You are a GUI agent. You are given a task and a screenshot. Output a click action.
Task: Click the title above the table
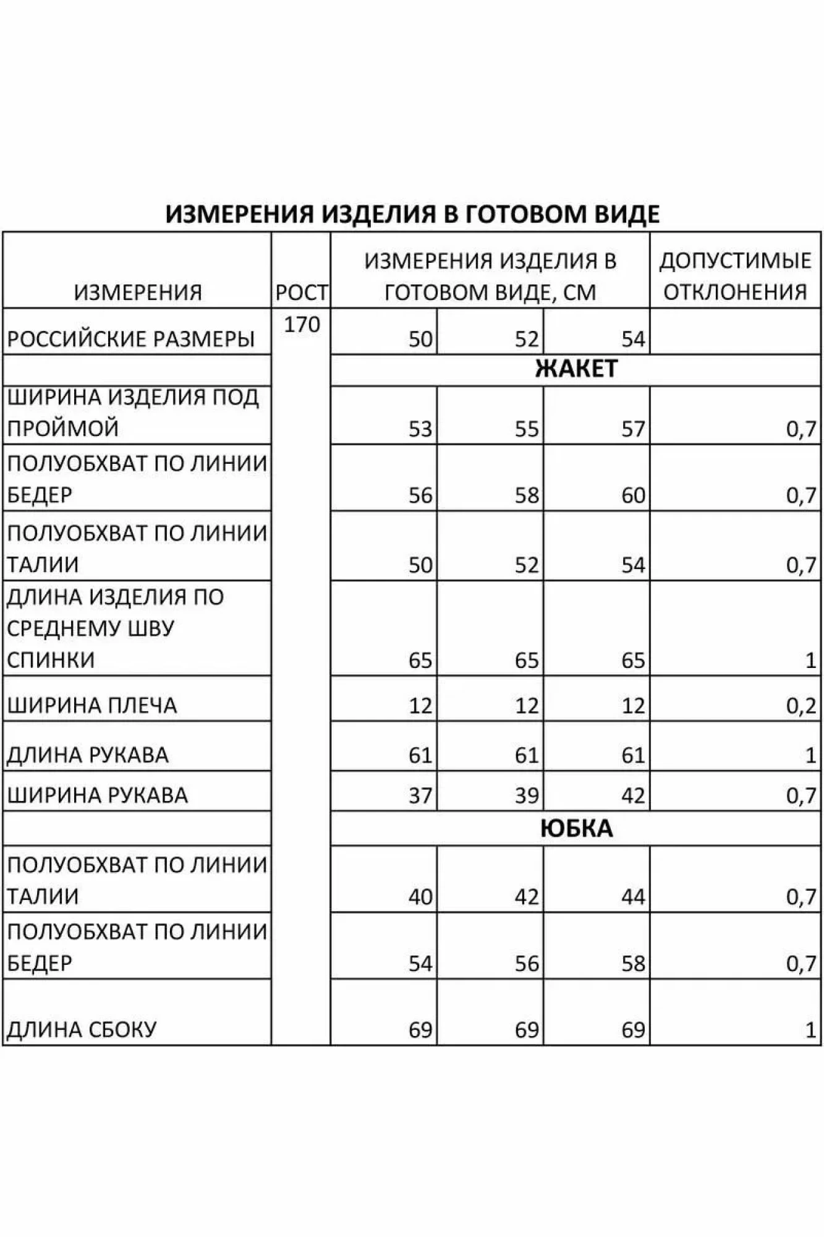pos(412,214)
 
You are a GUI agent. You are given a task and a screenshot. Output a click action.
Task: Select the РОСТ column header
pos(301,293)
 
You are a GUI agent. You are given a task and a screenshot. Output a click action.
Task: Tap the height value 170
pos(302,324)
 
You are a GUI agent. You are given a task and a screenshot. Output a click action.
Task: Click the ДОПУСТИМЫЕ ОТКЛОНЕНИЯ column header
pos(735,276)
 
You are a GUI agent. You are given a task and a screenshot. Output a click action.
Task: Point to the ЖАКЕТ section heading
pos(576,369)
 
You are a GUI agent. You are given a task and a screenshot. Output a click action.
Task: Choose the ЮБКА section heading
pos(576,828)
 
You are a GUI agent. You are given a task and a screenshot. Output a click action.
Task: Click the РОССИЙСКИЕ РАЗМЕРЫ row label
pos(130,339)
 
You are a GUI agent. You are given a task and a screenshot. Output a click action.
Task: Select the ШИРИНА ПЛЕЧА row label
pos(92,705)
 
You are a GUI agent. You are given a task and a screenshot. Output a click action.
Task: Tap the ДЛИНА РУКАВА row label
pos(88,755)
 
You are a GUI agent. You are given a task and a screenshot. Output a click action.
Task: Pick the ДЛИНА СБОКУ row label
pos(82,1030)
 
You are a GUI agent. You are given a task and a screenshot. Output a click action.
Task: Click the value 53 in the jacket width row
pos(420,429)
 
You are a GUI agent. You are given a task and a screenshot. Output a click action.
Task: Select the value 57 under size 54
pos(633,429)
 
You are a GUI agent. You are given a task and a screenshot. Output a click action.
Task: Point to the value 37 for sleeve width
pos(420,795)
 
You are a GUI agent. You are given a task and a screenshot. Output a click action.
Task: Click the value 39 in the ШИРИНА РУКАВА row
pos(527,795)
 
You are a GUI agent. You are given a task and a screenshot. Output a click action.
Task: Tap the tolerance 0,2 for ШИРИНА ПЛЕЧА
pos(801,706)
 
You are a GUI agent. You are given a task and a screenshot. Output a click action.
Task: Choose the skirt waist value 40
pos(420,897)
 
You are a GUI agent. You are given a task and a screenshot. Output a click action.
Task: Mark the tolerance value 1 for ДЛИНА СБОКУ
pos(810,1030)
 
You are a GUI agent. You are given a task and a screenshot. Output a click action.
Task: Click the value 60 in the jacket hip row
pos(633,495)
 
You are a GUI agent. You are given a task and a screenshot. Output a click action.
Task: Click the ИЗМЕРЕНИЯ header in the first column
pos(138,293)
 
